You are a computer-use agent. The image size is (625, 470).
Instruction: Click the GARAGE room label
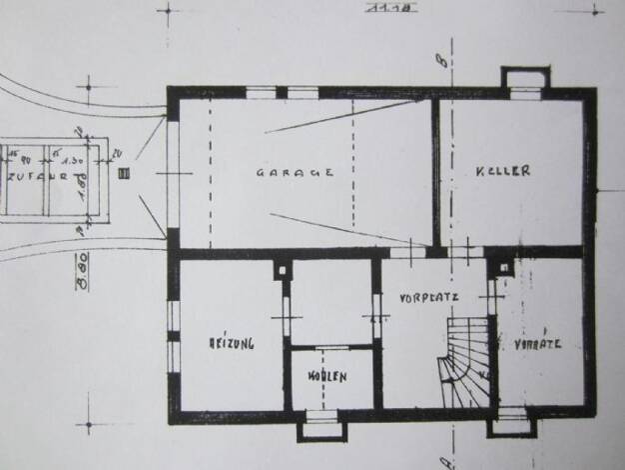(x=295, y=172)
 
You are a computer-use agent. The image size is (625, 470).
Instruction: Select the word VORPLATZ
(x=427, y=298)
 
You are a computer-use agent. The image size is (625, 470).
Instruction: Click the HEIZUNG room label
(x=231, y=342)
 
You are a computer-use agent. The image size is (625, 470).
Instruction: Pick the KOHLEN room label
(x=327, y=377)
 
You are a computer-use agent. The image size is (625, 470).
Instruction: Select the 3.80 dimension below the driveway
(x=80, y=270)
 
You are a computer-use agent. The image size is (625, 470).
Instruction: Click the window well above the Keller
(x=524, y=79)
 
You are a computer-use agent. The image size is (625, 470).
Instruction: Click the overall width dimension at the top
(x=378, y=9)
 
